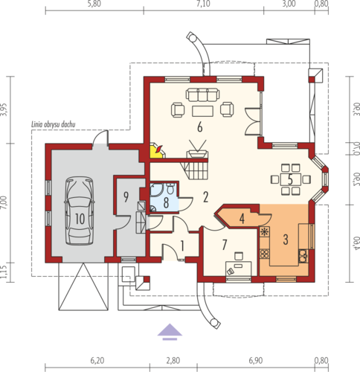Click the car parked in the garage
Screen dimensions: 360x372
click(x=80, y=211)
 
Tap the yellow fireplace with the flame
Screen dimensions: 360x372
click(x=157, y=150)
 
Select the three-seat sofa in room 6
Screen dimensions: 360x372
click(x=202, y=94)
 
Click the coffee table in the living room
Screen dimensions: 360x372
click(x=202, y=111)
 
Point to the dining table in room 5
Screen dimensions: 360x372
click(x=291, y=179)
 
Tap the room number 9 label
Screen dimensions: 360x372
click(x=126, y=197)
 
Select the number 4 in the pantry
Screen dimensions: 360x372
click(x=242, y=218)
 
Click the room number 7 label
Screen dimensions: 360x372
click(x=225, y=245)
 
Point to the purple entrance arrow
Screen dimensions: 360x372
click(x=170, y=332)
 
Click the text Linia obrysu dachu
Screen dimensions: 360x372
click(x=53, y=124)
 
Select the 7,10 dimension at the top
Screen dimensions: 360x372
click(x=203, y=4)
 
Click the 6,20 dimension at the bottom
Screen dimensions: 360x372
click(x=97, y=360)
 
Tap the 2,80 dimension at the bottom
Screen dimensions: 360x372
click(x=173, y=360)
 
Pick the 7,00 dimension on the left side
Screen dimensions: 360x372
click(x=4, y=202)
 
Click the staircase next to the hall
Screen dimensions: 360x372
click(x=194, y=170)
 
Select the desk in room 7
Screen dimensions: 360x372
click(x=239, y=269)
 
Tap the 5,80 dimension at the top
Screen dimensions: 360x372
click(x=94, y=4)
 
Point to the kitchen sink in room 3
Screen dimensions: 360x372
click(x=303, y=256)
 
